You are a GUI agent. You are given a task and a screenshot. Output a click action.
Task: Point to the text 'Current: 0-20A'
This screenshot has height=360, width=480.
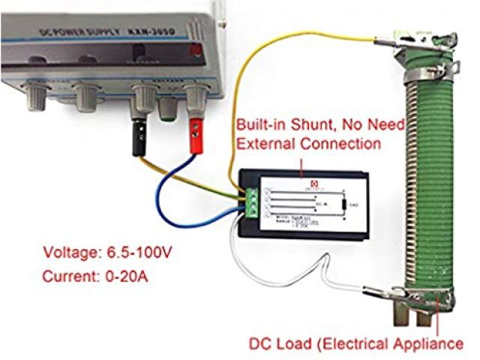[96, 277]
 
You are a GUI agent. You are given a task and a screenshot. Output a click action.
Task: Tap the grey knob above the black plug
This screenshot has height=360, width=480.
[142, 97]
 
